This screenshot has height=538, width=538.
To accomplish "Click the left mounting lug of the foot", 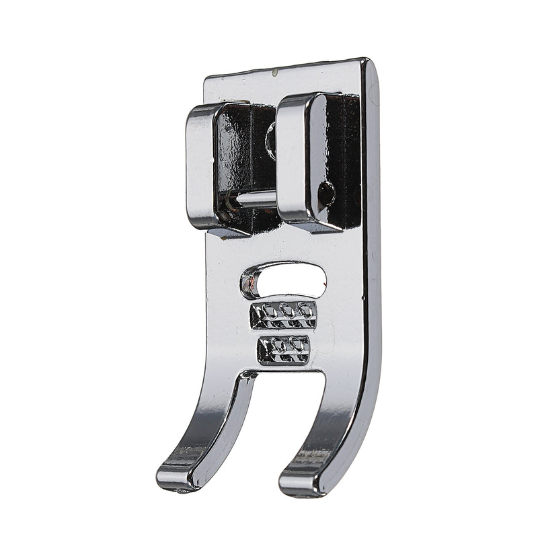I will [202, 165].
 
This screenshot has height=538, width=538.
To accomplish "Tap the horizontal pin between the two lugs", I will [254, 198].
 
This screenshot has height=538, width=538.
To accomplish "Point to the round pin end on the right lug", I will [326, 194].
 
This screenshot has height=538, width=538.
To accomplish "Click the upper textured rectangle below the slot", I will [283, 314].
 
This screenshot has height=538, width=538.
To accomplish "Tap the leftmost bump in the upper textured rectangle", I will [268, 311].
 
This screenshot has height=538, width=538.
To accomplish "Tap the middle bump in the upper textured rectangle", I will [287, 310].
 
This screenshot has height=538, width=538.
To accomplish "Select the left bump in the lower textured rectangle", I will [276, 346].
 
